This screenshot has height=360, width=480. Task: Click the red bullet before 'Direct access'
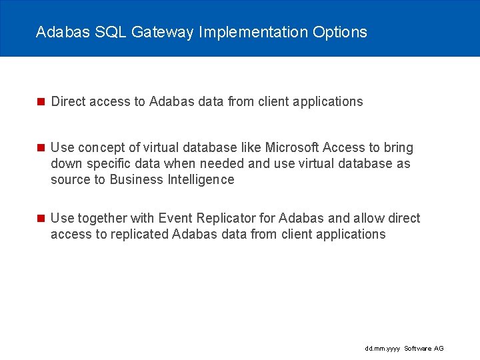coord(40,102)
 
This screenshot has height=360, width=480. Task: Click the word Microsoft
coord(292,147)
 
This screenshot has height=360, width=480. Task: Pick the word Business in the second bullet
coord(137,179)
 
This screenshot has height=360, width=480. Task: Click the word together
coord(104,218)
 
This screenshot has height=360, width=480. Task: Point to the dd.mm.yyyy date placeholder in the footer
coord(383,349)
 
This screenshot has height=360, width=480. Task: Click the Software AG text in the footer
coord(424,349)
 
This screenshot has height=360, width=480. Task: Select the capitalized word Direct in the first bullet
coord(68,101)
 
